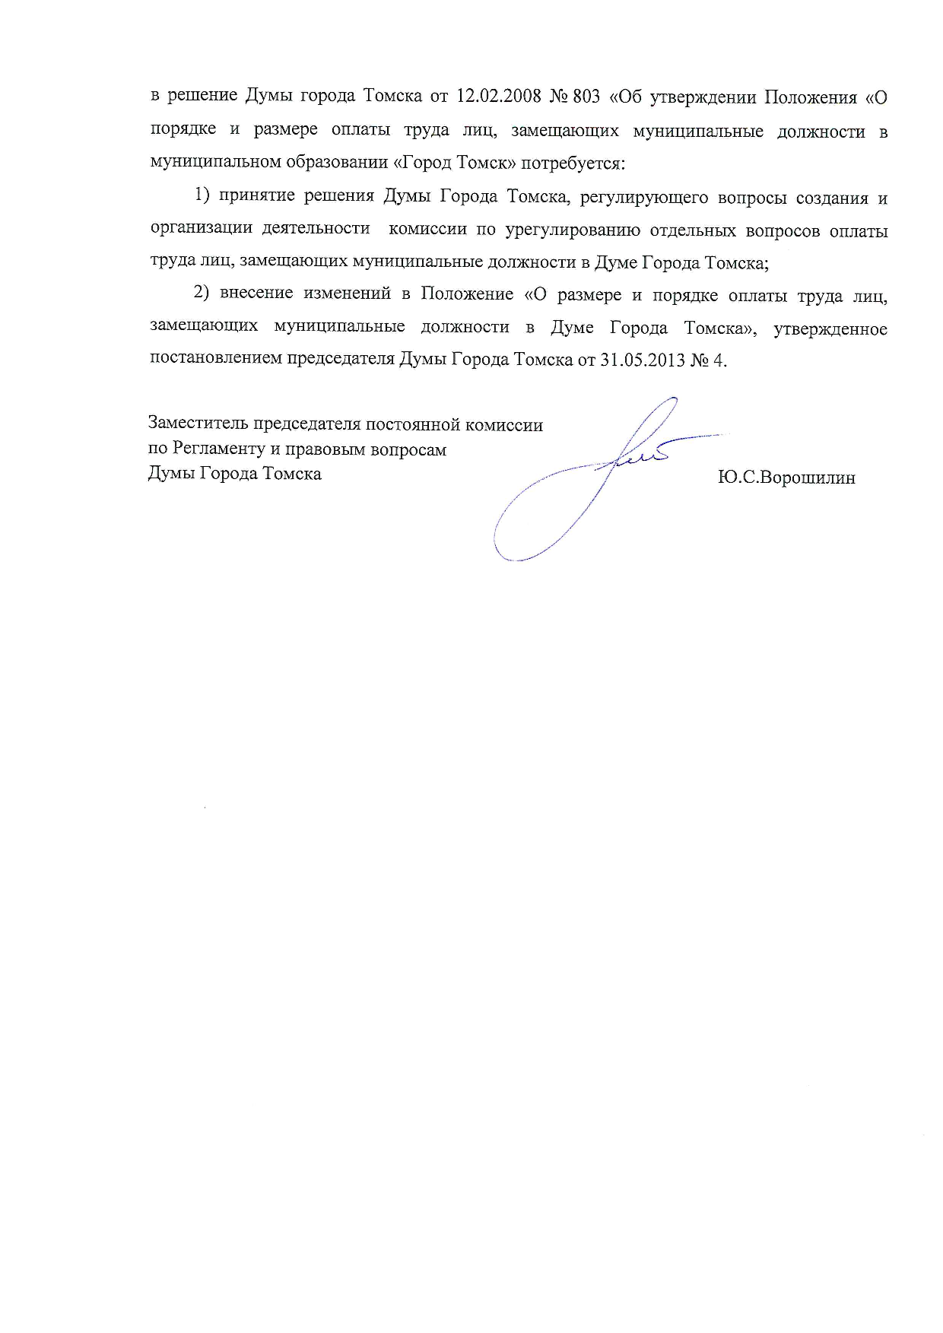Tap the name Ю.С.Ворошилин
click(x=786, y=478)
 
